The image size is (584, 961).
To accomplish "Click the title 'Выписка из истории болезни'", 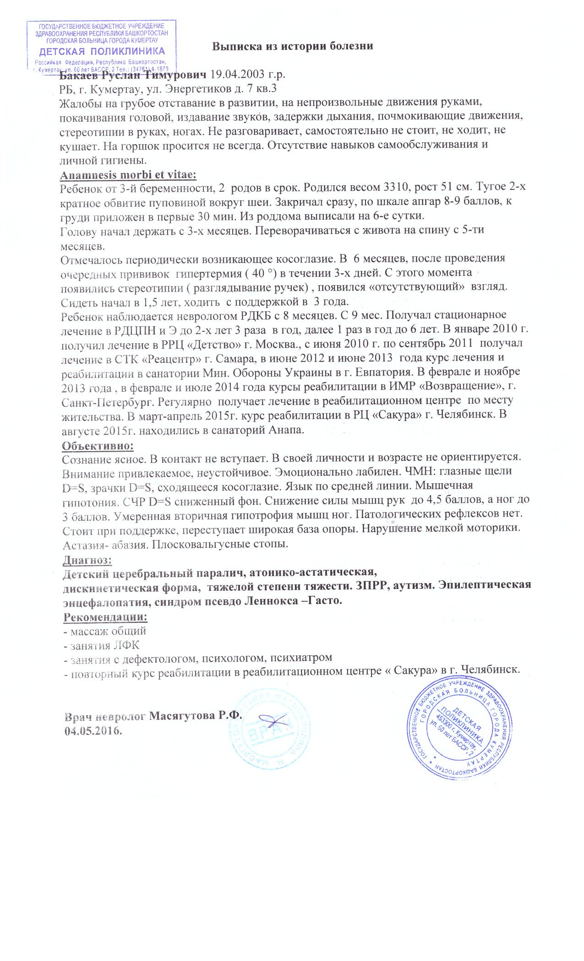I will [x=293, y=46].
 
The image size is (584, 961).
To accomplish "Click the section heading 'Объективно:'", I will [x=98, y=444].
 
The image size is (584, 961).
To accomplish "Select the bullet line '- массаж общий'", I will [x=104, y=631].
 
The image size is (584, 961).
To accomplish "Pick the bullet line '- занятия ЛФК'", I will [x=101, y=645].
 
